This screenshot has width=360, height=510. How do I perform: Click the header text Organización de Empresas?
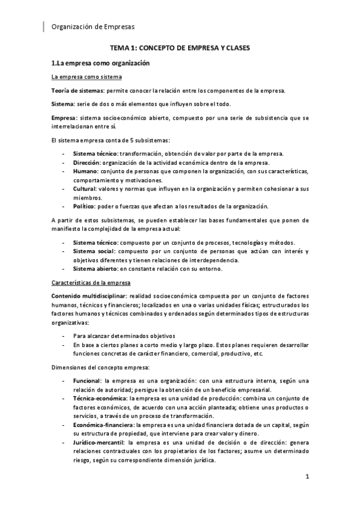click(93, 26)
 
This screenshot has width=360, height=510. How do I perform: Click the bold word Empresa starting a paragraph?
click(64, 117)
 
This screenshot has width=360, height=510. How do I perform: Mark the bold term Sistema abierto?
click(95, 268)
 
